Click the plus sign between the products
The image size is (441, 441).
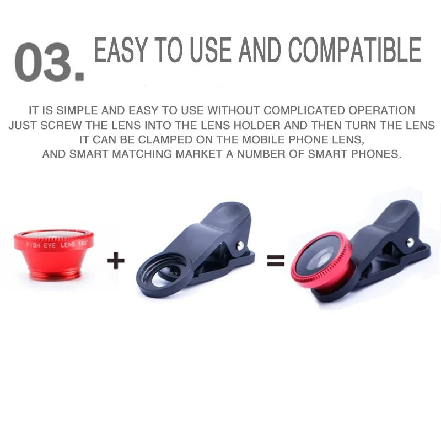(116, 260)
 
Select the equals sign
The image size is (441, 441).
(276, 260)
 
